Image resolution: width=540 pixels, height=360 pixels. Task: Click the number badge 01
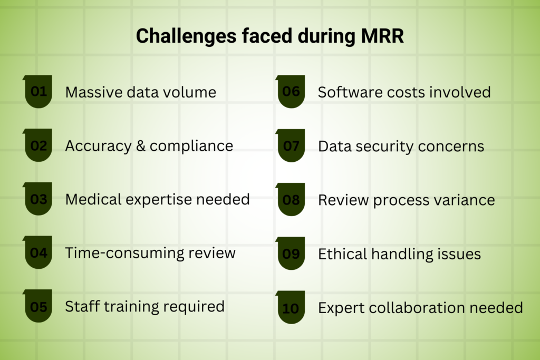[x=38, y=91]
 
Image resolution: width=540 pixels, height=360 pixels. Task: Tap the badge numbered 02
[x=38, y=145]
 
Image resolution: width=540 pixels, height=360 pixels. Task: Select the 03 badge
[x=38, y=199]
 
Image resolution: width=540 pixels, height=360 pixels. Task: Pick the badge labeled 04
[x=38, y=252]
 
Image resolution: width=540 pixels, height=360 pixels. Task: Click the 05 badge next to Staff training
[x=38, y=306]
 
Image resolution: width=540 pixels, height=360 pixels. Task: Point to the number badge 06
[x=291, y=91]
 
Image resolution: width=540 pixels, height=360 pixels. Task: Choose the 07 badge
[x=291, y=145]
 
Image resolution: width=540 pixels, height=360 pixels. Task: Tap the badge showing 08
[x=291, y=199]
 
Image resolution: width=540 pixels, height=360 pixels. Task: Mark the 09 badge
[x=291, y=254]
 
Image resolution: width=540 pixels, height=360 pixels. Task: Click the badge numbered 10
[x=291, y=307]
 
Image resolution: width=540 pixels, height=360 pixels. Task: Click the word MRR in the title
[x=382, y=36]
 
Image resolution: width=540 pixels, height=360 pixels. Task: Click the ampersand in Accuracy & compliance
[x=140, y=146]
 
